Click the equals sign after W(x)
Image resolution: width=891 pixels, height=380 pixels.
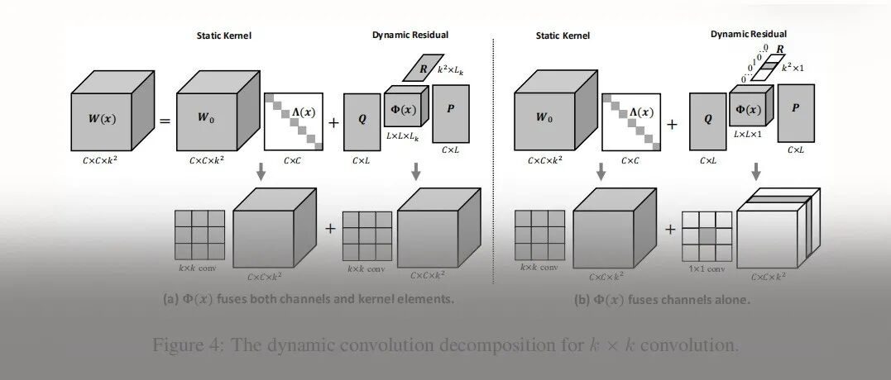(165, 122)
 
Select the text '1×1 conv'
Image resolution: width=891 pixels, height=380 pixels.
(706, 268)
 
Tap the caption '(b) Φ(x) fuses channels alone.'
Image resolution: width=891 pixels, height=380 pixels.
(663, 300)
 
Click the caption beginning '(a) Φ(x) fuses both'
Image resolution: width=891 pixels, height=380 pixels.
(309, 298)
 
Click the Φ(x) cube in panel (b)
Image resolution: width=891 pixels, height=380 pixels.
(750, 110)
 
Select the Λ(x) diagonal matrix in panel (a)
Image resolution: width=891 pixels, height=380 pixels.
(295, 121)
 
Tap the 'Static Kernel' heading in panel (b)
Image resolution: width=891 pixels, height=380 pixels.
(563, 36)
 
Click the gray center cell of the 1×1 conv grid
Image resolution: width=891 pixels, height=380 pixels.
(707, 235)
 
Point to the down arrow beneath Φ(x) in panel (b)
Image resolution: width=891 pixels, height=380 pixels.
(755, 173)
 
